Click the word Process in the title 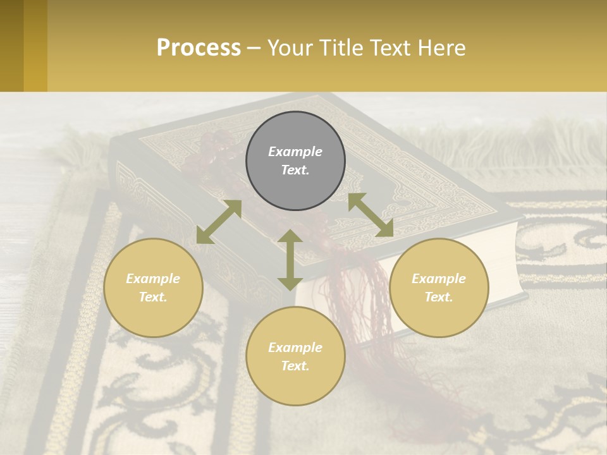pos(199,48)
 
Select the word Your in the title pos(290,48)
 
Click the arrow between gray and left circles pos(219,221)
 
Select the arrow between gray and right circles pos(371,215)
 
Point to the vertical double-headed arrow pos(290,260)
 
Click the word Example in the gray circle pos(295,152)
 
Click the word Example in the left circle pos(153,279)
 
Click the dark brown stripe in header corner pos(11,45)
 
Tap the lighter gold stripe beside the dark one pos(35,45)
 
